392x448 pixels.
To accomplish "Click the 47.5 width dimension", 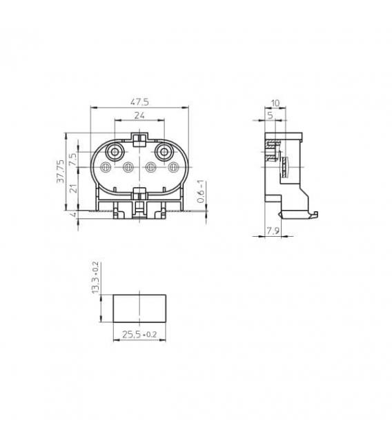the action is click(139, 102).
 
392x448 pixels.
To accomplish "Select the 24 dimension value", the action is click(139, 115).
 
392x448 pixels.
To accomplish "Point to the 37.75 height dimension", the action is click(60, 171).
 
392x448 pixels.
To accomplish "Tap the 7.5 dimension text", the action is click(73, 159).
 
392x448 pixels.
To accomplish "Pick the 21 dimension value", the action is click(73, 188).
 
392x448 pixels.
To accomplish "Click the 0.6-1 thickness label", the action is click(202, 191).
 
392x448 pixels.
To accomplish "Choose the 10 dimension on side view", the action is click(275, 103).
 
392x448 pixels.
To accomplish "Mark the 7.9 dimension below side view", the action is click(273, 231).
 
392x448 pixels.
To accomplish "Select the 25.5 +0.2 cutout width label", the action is click(139, 334).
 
